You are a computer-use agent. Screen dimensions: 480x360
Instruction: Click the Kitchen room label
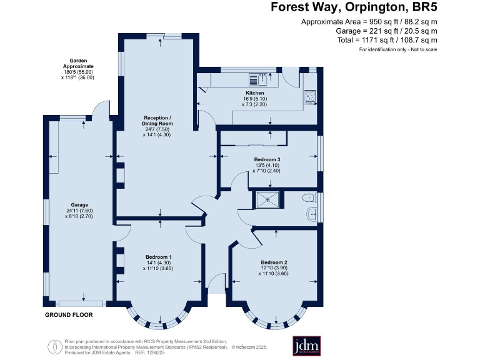(255, 92)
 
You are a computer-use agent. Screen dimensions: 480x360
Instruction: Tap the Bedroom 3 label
(267, 159)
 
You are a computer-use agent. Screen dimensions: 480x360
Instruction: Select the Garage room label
(79, 205)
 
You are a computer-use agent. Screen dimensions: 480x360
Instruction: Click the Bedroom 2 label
(274, 262)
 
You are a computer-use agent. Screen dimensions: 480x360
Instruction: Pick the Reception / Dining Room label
(157, 121)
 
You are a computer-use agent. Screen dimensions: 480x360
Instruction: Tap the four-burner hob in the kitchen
(310, 96)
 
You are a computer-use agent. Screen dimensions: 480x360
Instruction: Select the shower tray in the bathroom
(267, 199)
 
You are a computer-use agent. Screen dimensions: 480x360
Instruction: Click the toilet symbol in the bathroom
(309, 198)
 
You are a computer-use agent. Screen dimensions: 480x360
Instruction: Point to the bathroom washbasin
(312, 214)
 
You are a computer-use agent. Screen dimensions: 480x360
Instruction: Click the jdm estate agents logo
(306, 346)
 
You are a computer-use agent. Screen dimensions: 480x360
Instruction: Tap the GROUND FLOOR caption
(69, 315)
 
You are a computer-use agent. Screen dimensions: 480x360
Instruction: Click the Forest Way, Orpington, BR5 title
(354, 7)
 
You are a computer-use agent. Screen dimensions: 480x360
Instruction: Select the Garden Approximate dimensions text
(77, 69)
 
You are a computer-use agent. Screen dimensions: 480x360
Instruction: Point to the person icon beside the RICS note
(55, 347)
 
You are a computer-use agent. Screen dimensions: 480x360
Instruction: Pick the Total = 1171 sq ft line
(387, 40)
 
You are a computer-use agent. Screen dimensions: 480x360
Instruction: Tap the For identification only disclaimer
(398, 49)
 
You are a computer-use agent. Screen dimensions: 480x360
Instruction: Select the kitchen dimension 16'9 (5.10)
(255, 99)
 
